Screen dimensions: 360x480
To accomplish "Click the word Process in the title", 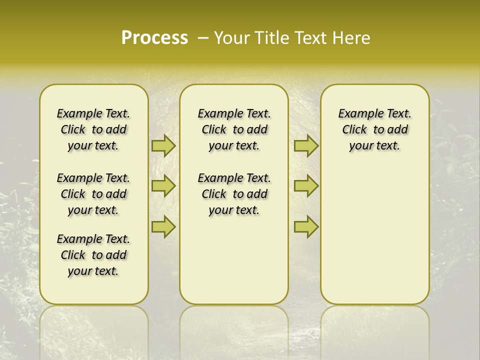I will pos(154,37).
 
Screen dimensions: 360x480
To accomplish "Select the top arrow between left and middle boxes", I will pos(163,146).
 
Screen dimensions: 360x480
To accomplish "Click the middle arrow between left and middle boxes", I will pos(163,186).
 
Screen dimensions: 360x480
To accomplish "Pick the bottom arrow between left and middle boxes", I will pos(163,227).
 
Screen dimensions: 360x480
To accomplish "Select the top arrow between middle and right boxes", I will pos(306,146).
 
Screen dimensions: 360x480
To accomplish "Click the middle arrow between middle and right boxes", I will pos(306,186).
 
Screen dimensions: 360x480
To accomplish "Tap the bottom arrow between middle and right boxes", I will pos(306,227).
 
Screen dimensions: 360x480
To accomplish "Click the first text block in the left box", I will pos(93,129).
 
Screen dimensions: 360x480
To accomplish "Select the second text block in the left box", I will pos(93,194).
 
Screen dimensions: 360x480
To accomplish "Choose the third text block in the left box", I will pos(93,255).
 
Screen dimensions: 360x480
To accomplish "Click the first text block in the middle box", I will pos(234,129).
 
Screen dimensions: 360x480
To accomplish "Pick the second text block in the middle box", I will pos(234,194).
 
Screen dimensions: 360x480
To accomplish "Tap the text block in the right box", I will pos(374,129).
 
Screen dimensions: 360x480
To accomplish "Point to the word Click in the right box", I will pos(354,130).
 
